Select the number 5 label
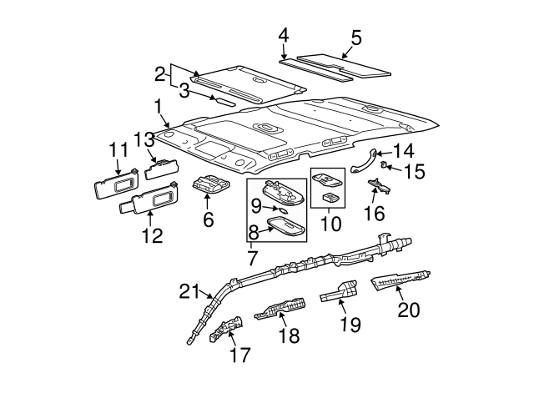coord(356,38)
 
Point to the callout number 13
coord(144,139)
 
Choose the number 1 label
coord(158,107)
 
